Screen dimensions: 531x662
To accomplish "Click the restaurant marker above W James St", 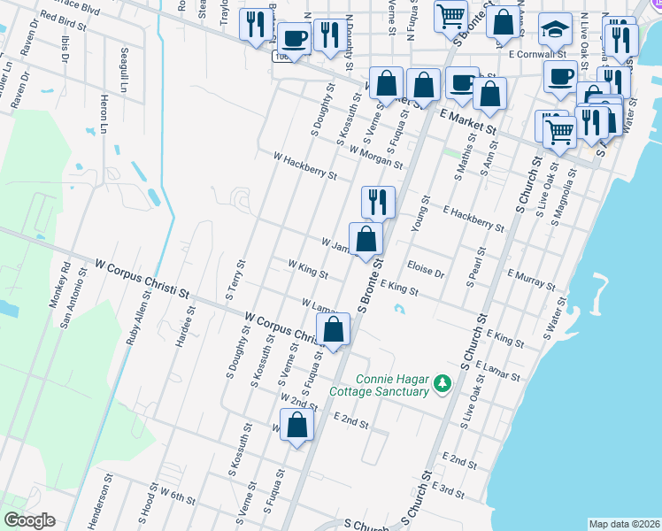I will [378, 203].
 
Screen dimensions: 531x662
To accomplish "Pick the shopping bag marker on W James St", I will [366, 239].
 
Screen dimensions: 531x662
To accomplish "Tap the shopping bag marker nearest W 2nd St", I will [297, 426].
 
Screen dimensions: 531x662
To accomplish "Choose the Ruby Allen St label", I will [133, 319].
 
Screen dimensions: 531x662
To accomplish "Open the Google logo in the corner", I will [29, 520].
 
